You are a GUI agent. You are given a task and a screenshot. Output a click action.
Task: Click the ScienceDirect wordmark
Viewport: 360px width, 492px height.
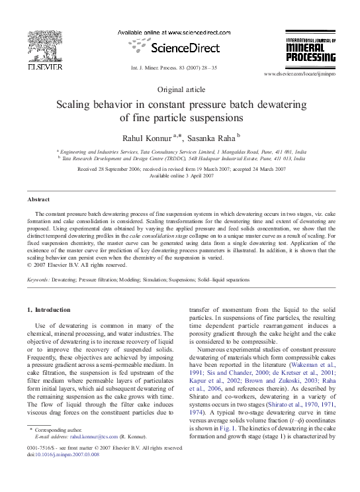[181, 48]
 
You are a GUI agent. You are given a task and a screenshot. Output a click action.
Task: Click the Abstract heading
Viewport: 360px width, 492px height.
[38, 199]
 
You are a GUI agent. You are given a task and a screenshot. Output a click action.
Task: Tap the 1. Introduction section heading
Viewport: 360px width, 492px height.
[48, 309]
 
